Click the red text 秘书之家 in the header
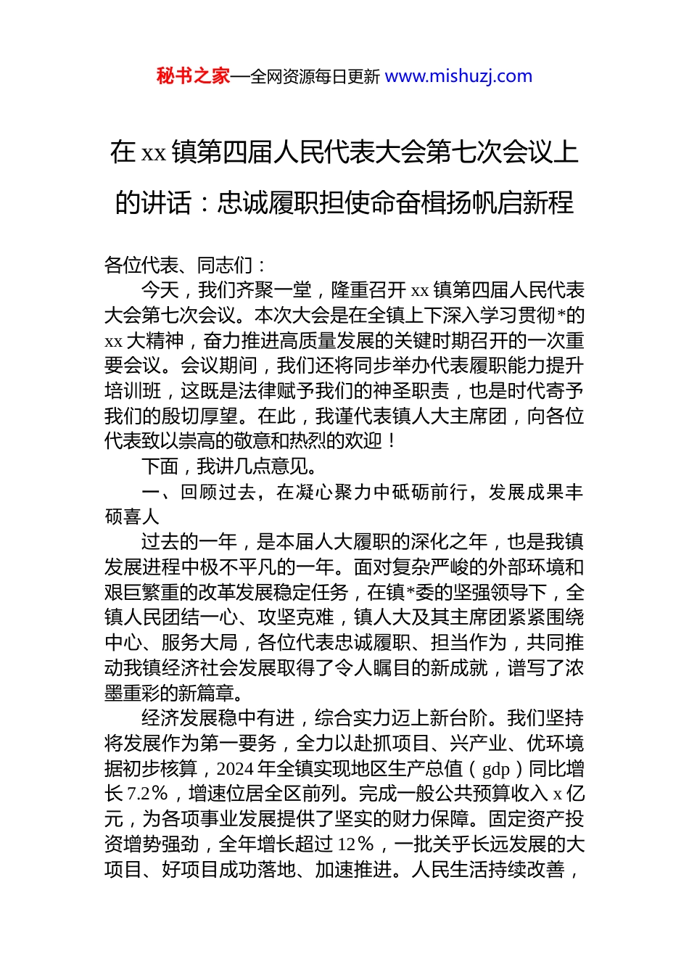tap(193, 76)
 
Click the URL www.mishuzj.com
tap(458, 76)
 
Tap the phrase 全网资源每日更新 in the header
tap(315, 77)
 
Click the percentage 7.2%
tap(147, 794)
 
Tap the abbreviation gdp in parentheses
tap(496, 769)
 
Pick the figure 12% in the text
tap(355, 844)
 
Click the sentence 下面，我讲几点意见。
tap(229, 466)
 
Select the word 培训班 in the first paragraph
tap(133, 391)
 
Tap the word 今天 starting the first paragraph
tap(160, 291)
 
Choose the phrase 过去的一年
tap(189, 542)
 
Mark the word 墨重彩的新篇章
tap(175, 693)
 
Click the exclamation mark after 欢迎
tap(392, 441)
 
